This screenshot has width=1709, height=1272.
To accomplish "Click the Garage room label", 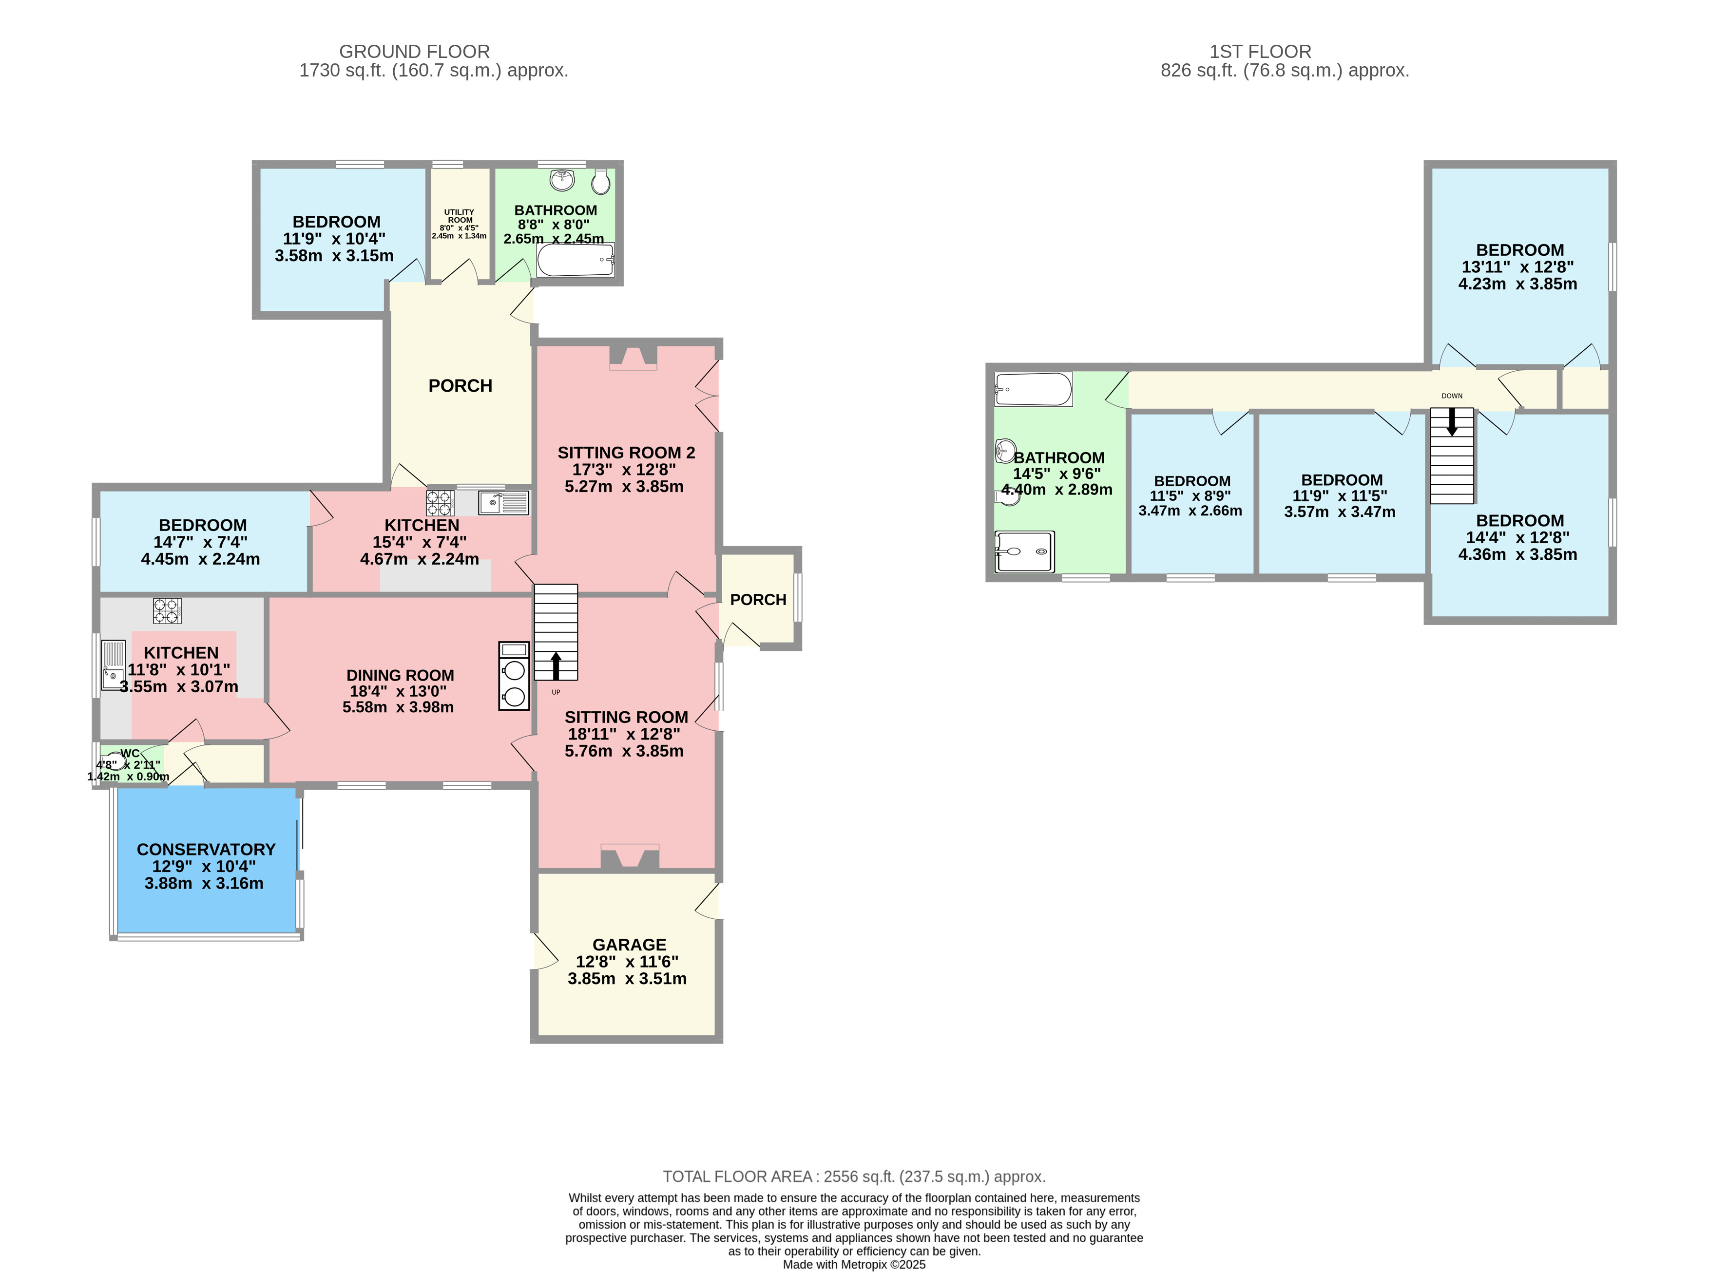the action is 629,945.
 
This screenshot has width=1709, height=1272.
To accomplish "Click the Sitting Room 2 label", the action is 626,453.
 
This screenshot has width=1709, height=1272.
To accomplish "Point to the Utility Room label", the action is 460,216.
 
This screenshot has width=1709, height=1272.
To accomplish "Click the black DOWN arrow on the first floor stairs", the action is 1452,421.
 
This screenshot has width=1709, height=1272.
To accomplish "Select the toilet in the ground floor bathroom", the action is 601,182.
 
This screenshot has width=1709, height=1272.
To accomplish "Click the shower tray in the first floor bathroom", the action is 1024,551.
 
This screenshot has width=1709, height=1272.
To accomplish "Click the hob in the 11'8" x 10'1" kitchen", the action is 167,610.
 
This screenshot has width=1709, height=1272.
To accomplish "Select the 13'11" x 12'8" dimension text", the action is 1517,267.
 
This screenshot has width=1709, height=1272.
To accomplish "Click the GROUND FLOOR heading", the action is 414,52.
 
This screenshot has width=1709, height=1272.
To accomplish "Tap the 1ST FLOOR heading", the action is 1260,52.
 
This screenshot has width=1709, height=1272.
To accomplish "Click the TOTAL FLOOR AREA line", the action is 854,1177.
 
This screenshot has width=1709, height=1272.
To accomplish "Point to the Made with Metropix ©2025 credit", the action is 854,1264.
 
